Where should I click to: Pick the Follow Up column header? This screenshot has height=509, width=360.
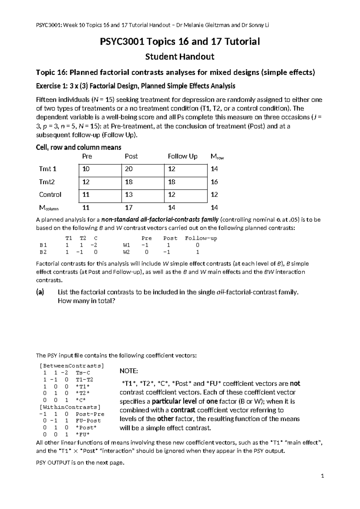(182, 156)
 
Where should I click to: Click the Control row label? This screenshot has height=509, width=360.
(50, 194)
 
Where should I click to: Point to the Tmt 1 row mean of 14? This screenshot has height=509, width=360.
(214, 169)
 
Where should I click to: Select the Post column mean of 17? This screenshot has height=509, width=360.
(129, 207)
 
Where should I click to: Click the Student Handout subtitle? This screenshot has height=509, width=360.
(180, 56)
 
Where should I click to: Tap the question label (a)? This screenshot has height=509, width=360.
(40, 292)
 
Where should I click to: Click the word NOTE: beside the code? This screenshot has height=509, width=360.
(129, 371)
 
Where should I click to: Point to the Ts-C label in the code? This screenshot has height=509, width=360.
(83, 373)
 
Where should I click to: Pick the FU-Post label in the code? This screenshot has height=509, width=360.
(88, 421)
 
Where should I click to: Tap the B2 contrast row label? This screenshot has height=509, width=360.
(43, 252)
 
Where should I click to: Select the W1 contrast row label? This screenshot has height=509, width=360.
(126, 245)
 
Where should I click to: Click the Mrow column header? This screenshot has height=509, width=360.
(217, 156)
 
